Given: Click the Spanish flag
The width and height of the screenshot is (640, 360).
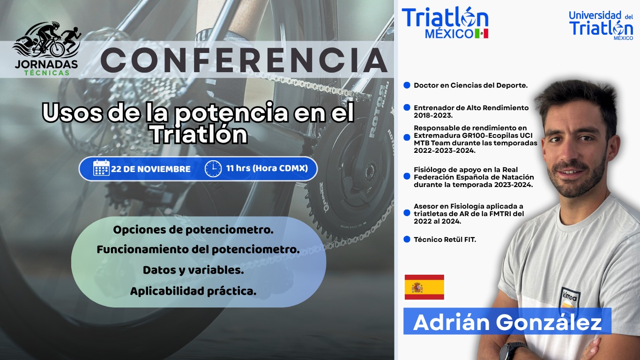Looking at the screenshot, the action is click(424, 287).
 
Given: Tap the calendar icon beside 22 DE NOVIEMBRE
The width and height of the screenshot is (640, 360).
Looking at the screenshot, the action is click(101, 168).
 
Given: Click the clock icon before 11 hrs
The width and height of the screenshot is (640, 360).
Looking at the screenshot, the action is click(213, 169).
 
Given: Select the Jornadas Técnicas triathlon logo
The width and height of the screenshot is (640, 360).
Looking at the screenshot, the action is click(46, 49).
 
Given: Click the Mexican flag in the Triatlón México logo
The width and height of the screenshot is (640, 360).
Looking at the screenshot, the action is click(482, 33).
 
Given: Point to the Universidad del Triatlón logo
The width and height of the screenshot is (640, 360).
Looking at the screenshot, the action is click(601, 25).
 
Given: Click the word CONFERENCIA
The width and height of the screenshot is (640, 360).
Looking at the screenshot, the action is click(244, 60).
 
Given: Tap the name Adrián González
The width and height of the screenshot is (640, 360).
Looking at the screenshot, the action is click(507, 322).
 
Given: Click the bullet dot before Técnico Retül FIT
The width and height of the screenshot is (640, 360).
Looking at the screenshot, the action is click(407, 240).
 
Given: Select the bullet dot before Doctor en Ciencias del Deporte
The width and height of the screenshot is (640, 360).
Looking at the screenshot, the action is click(407, 85).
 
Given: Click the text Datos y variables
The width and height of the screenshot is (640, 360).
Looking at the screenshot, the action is click(193, 270).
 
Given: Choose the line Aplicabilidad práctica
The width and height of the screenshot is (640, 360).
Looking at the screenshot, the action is click(193, 292).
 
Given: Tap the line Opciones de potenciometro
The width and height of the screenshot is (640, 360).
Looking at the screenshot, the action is click(193, 230).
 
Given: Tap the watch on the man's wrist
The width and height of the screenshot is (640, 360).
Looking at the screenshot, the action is click(513, 351).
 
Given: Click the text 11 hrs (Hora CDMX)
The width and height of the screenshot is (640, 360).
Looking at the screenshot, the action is click(267, 168).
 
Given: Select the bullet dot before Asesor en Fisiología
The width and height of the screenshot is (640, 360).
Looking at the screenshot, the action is click(407, 213).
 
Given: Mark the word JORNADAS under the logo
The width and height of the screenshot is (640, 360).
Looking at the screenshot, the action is click(46, 64).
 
